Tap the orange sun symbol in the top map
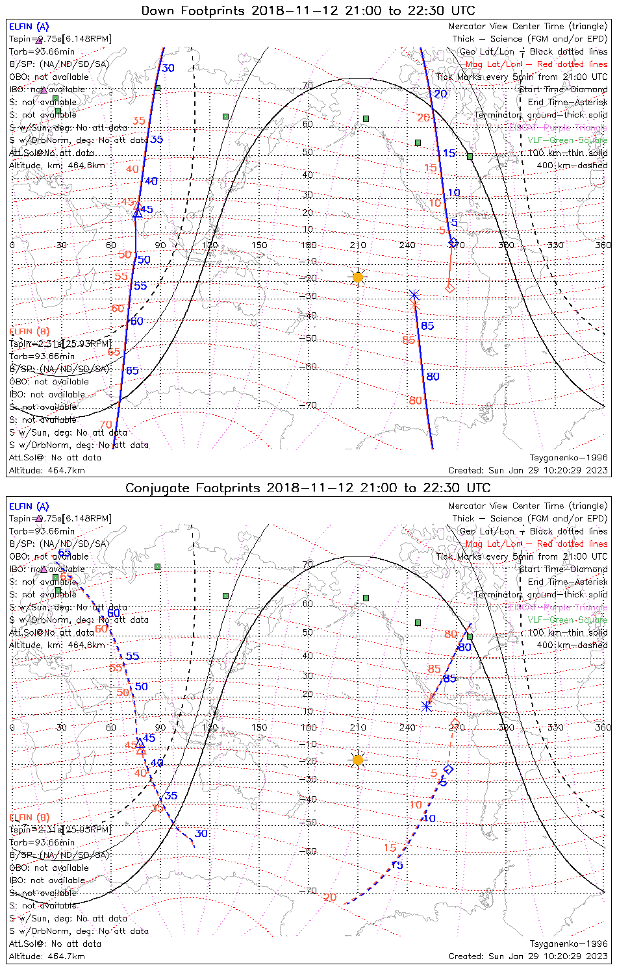pos(358,277)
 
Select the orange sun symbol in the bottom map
pos(358,759)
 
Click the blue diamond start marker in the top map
pos(453,242)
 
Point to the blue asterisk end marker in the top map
pos(414,295)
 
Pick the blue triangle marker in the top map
pos(137,212)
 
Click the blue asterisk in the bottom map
pos(426,706)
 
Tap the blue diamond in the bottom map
pos(448,769)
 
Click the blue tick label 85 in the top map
pos(427,326)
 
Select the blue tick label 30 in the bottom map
pos(201,834)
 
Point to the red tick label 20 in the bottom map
pos(330,897)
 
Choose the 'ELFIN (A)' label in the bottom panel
pos(29,506)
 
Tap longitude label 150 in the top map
pos(259,245)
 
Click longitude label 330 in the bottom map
pos(555,727)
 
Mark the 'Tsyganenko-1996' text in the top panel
pos(569,458)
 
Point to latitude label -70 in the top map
pos(309,406)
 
